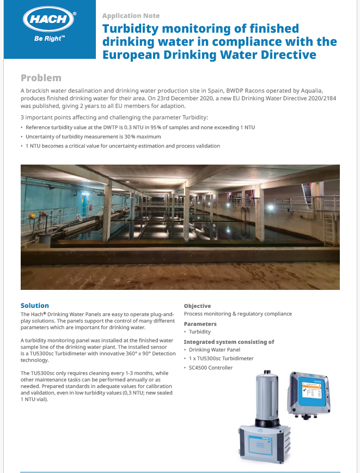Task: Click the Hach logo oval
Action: coord(48,20)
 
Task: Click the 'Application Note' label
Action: coord(131,16)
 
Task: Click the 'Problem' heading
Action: coord(41,78)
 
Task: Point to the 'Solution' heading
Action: coord(35,306)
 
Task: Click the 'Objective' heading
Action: coord(197,306)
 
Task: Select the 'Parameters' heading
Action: coord(200,324)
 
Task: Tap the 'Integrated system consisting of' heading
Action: coord(229,342)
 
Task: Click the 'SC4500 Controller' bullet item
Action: coord(211,367)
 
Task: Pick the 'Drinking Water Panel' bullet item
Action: coord(215,350)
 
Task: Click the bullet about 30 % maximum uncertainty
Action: coord(93,136)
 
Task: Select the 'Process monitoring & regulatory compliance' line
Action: coord(237,314)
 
